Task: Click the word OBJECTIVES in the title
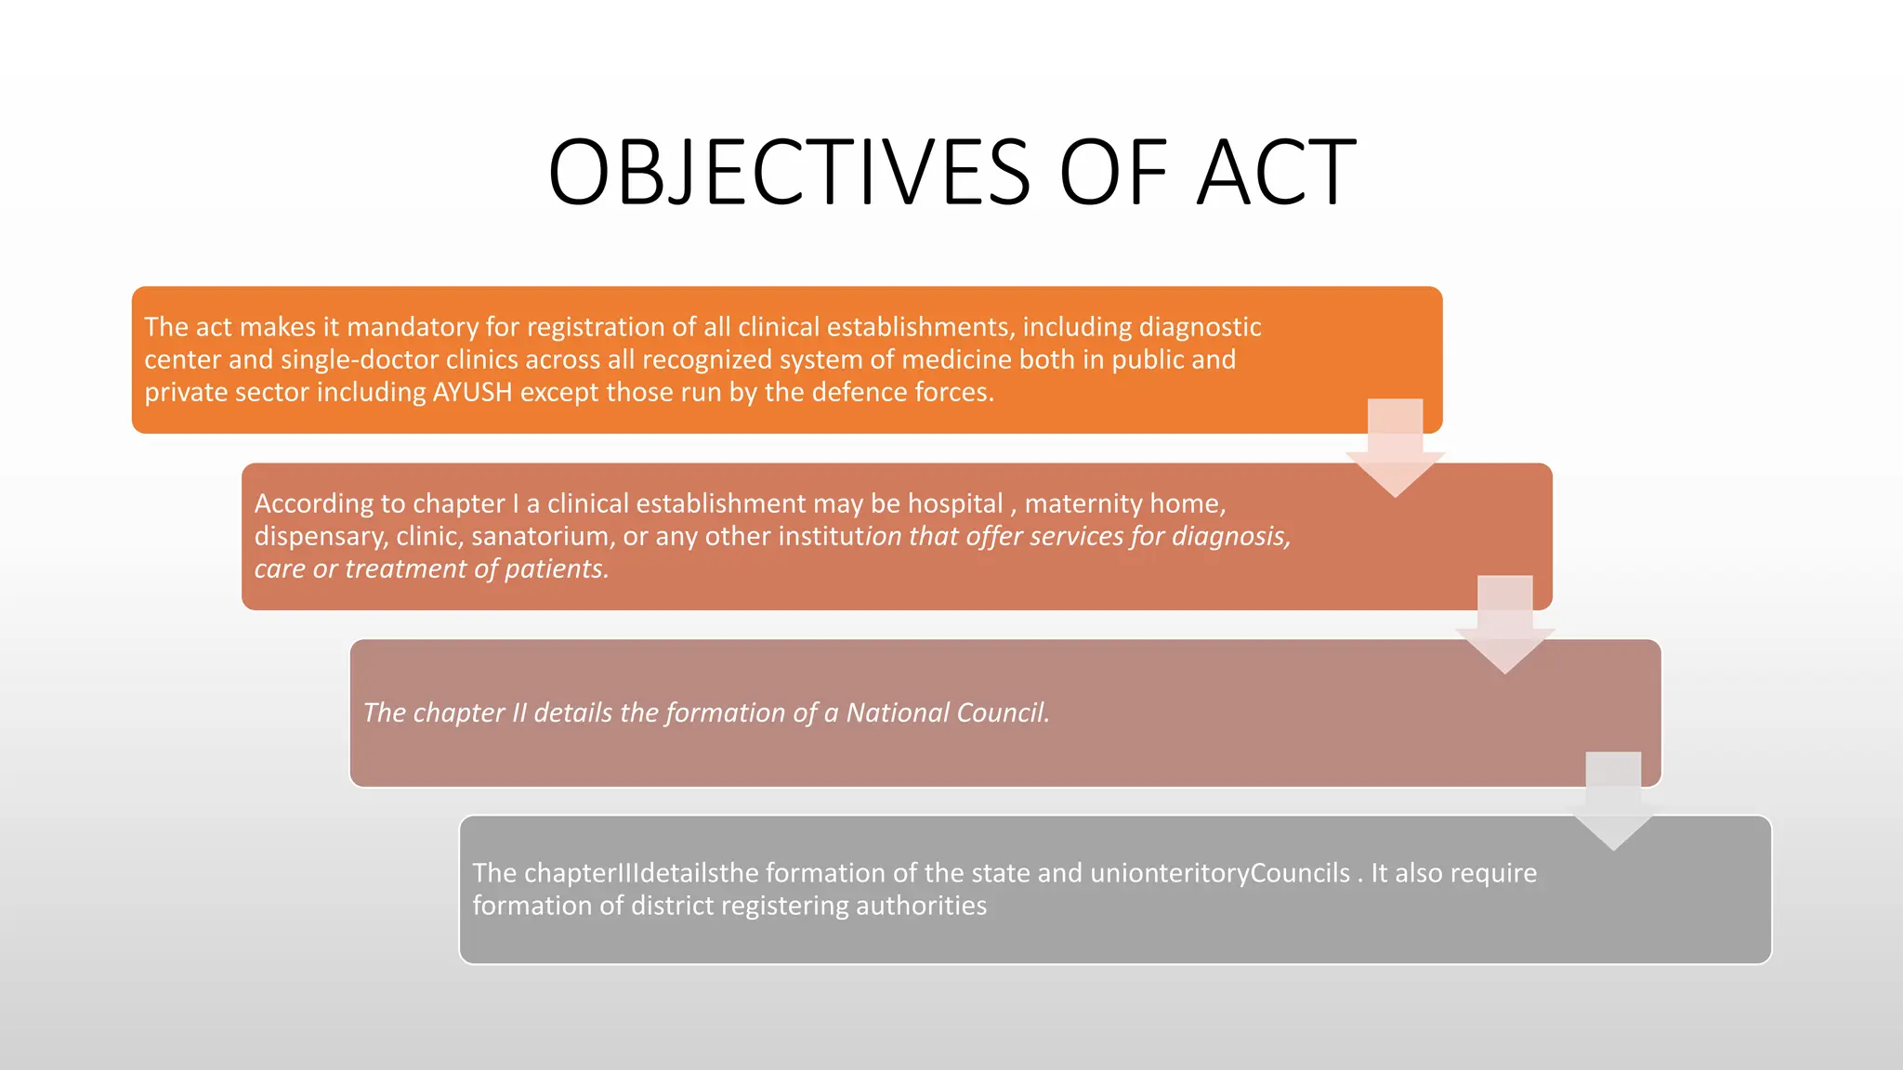[789, 172]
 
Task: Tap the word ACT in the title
[1276, 172]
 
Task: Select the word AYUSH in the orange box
[472, 392]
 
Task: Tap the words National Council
[947, 712]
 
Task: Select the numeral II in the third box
[518, 712]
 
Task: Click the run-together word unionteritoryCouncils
[1219, 873]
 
